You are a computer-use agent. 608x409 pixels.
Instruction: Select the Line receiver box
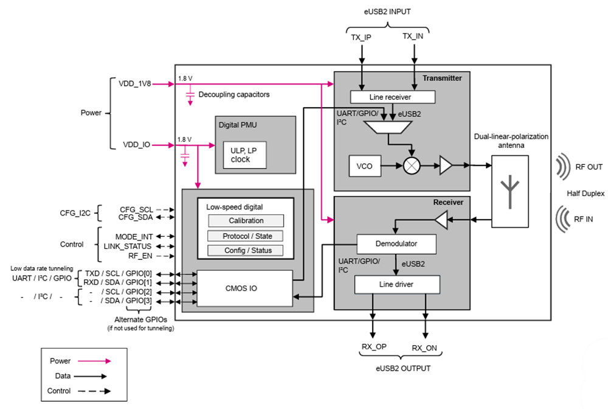tap(393, 97)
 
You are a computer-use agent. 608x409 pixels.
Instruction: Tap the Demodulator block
tap(396, 243)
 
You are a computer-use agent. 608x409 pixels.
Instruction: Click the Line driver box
tap(396, 284)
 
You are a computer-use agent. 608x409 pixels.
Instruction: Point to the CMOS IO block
tap(244, 287)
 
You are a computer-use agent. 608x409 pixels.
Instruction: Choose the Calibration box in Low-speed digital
tap(245, 220)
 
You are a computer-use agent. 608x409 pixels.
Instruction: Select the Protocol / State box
tap(245, 236)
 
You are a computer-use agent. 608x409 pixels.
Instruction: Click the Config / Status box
tap(245, 250)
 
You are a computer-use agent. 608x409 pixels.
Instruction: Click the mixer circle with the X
tap(412, 165)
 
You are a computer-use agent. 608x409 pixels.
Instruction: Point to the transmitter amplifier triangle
tap(446, 165)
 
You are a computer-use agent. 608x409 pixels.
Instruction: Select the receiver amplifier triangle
tap(441, 220)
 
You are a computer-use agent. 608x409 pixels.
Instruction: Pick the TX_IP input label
tap(362, 37)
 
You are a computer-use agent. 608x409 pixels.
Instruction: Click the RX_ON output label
tap(424, 348)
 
